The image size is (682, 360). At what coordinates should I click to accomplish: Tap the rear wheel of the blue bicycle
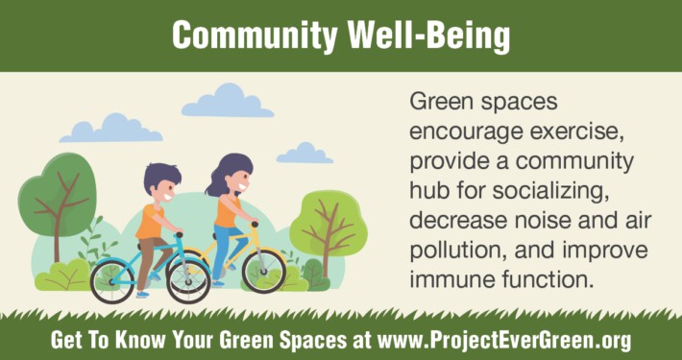click(x=112, y=279)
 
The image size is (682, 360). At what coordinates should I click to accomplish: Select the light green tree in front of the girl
click(x=328, y=221)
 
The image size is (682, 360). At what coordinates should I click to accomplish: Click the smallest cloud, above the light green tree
click(x=304, y=153)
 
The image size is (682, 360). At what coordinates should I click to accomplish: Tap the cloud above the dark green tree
click(x=111, y=128)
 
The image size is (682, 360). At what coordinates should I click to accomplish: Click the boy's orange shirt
click(x=151, y=222)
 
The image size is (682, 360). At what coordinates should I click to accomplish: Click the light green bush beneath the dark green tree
click(x=62, y=276)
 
